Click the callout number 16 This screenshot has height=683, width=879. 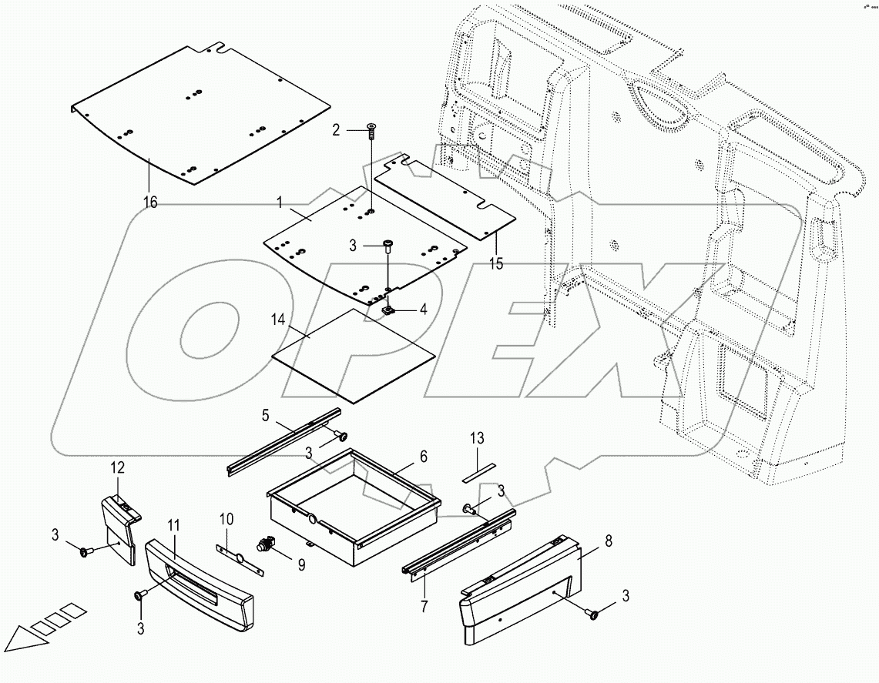point(151,202)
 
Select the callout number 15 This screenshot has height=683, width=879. point(496,263)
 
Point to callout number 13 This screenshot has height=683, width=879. point(478,439)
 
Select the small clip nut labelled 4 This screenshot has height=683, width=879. point(389,310)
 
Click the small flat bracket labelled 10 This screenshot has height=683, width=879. point(237,555)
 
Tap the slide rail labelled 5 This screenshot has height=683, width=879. point(285,442)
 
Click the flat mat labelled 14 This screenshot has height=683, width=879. point(354,354)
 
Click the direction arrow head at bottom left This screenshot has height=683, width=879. point(23,641)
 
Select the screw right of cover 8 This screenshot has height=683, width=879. point(593,614)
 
